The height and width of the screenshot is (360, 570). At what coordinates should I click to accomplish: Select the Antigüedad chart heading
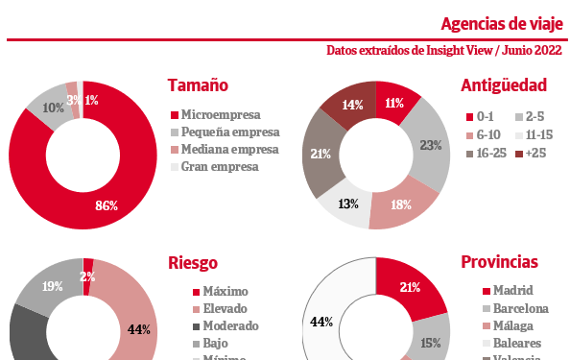click(503, 85)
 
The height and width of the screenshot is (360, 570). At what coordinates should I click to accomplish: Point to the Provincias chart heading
click(499, 262)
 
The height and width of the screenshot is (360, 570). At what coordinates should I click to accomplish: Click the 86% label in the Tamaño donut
click(107, 205)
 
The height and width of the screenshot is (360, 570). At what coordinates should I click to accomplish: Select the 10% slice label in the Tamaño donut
click(54, 108)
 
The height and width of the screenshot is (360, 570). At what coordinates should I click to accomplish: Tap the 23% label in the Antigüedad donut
click(431, 146)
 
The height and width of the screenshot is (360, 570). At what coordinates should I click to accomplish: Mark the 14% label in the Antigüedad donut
click(352, 106)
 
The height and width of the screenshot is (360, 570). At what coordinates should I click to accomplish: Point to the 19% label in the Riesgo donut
click(53, 285)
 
